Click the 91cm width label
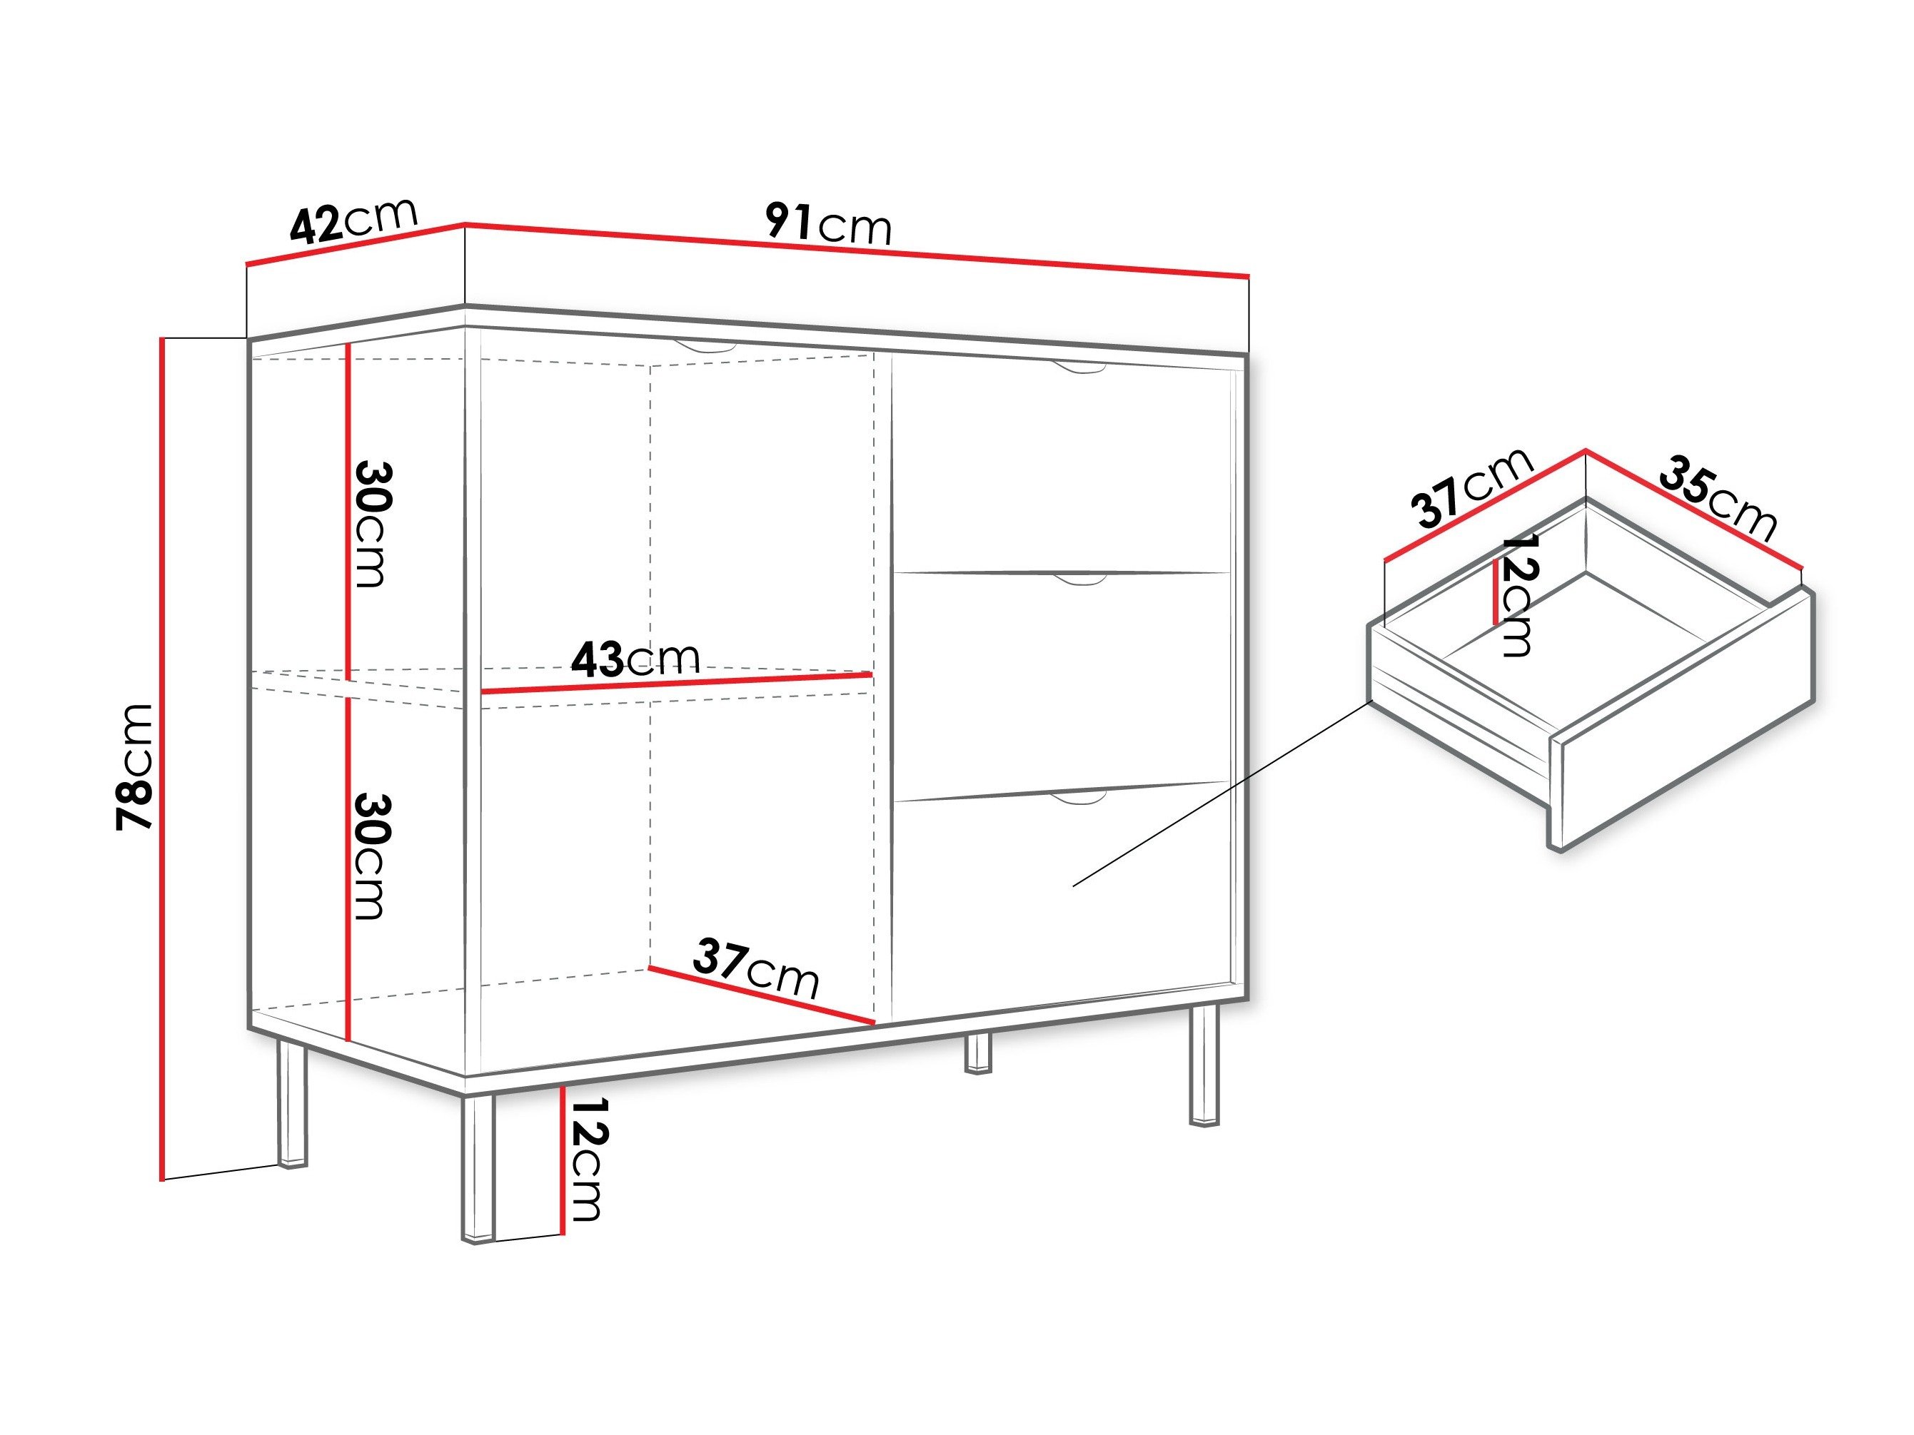[x=828, y=224]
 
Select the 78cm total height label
[x=135, y=767]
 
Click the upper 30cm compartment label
[x=372, y=524]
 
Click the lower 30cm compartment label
[x=372, y=856]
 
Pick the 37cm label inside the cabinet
[x=755, y=968]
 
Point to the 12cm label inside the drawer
[x=1518, y=594]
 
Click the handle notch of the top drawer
[x=1079, y=370]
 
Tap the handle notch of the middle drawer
[x=1079, y=579]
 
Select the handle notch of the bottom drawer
[x=1079, y=796]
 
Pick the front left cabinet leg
[x=477, y=1167]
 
